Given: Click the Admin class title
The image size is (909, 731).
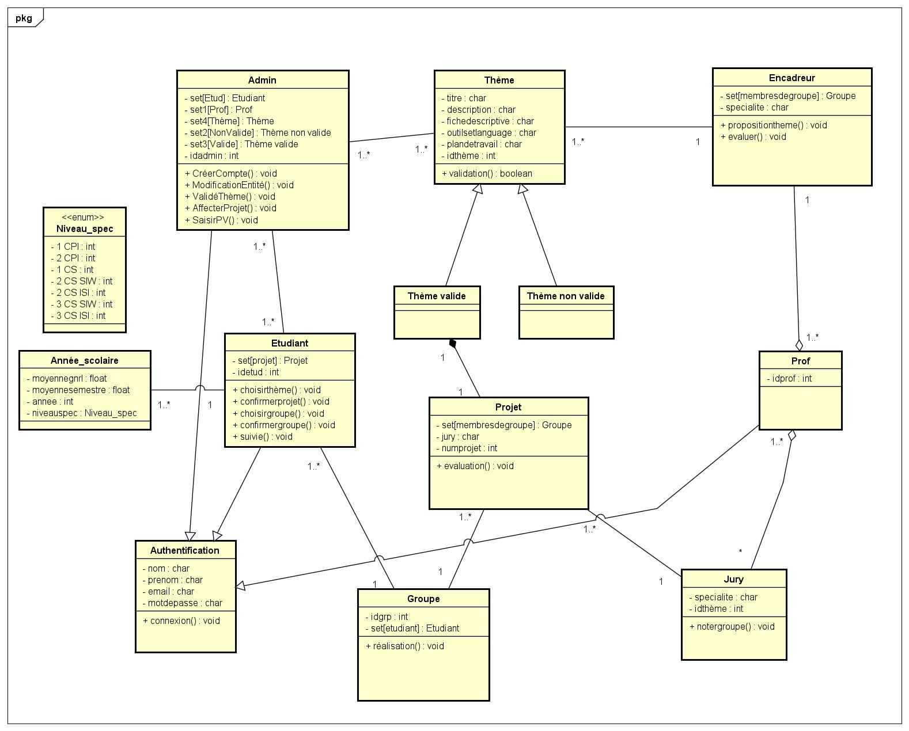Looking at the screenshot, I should [262, 80].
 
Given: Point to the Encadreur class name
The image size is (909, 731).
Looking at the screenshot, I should [791, 78].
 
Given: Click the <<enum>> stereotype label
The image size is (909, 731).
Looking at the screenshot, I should [84, 217].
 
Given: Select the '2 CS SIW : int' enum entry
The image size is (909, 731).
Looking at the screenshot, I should [84, 281].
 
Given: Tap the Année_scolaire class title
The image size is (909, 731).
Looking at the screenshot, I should [85, 360].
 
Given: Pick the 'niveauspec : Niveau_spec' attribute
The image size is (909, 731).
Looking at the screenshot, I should [84, 413].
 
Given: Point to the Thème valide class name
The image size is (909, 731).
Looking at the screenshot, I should [437, 296].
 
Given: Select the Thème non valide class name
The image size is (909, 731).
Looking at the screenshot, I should [566, 296].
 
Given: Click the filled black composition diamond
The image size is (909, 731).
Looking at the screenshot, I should [453, 344].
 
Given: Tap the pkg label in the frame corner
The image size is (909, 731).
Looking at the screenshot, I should [24, 18].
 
